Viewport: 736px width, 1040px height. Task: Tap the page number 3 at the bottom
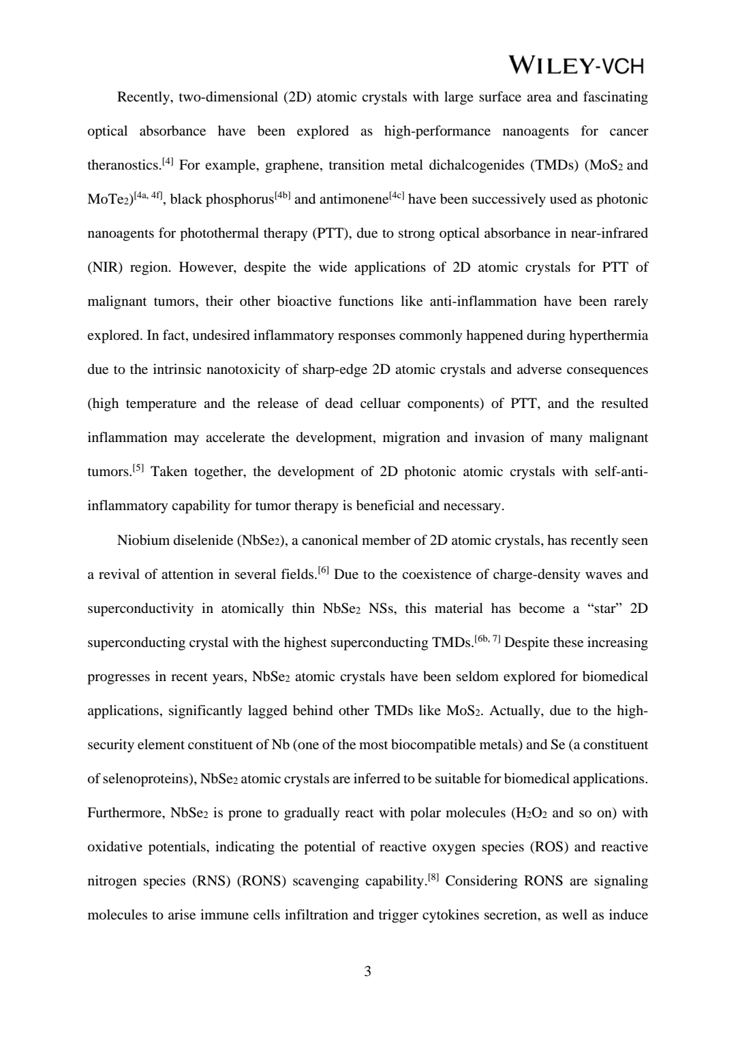click(368, 971)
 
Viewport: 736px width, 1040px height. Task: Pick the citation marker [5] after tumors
click(138, 468)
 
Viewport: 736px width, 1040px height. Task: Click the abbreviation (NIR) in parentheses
click(104, 268)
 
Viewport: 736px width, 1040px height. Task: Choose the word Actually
click(515, 711)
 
